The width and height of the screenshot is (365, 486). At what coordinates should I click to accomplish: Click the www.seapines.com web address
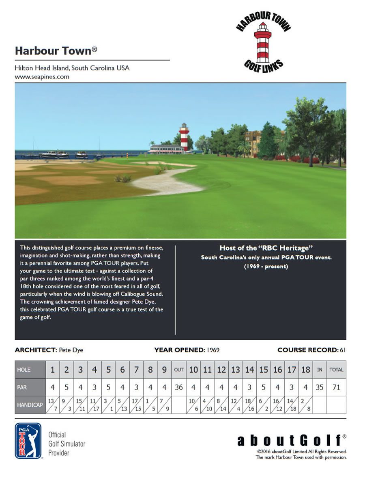point(42,76)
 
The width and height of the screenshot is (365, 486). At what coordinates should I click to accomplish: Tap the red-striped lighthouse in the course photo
point(184,136)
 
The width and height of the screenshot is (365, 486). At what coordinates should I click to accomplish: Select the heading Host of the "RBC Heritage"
point(266,248)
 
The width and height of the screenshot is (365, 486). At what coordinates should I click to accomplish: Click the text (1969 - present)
point(266,266)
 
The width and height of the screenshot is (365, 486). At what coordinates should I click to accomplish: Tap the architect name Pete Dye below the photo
point(71,350)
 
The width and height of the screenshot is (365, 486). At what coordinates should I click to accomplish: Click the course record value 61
point(343,350)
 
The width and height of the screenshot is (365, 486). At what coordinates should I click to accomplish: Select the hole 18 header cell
point(305,370)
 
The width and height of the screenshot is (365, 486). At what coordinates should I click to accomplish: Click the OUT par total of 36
point(179,387)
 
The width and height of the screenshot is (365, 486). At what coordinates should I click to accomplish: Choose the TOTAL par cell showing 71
point(336,387)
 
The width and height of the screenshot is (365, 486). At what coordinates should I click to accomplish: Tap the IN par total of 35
point(320,387)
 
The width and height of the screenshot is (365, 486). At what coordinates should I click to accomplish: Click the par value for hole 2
point(67,387)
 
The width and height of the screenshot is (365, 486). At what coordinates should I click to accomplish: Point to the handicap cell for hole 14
point(250,405)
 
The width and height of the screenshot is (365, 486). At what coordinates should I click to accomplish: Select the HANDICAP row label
point(30,405)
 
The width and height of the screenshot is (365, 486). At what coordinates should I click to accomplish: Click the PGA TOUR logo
point(28,441)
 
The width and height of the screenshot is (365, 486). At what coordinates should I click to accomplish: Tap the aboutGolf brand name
point(289,440)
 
